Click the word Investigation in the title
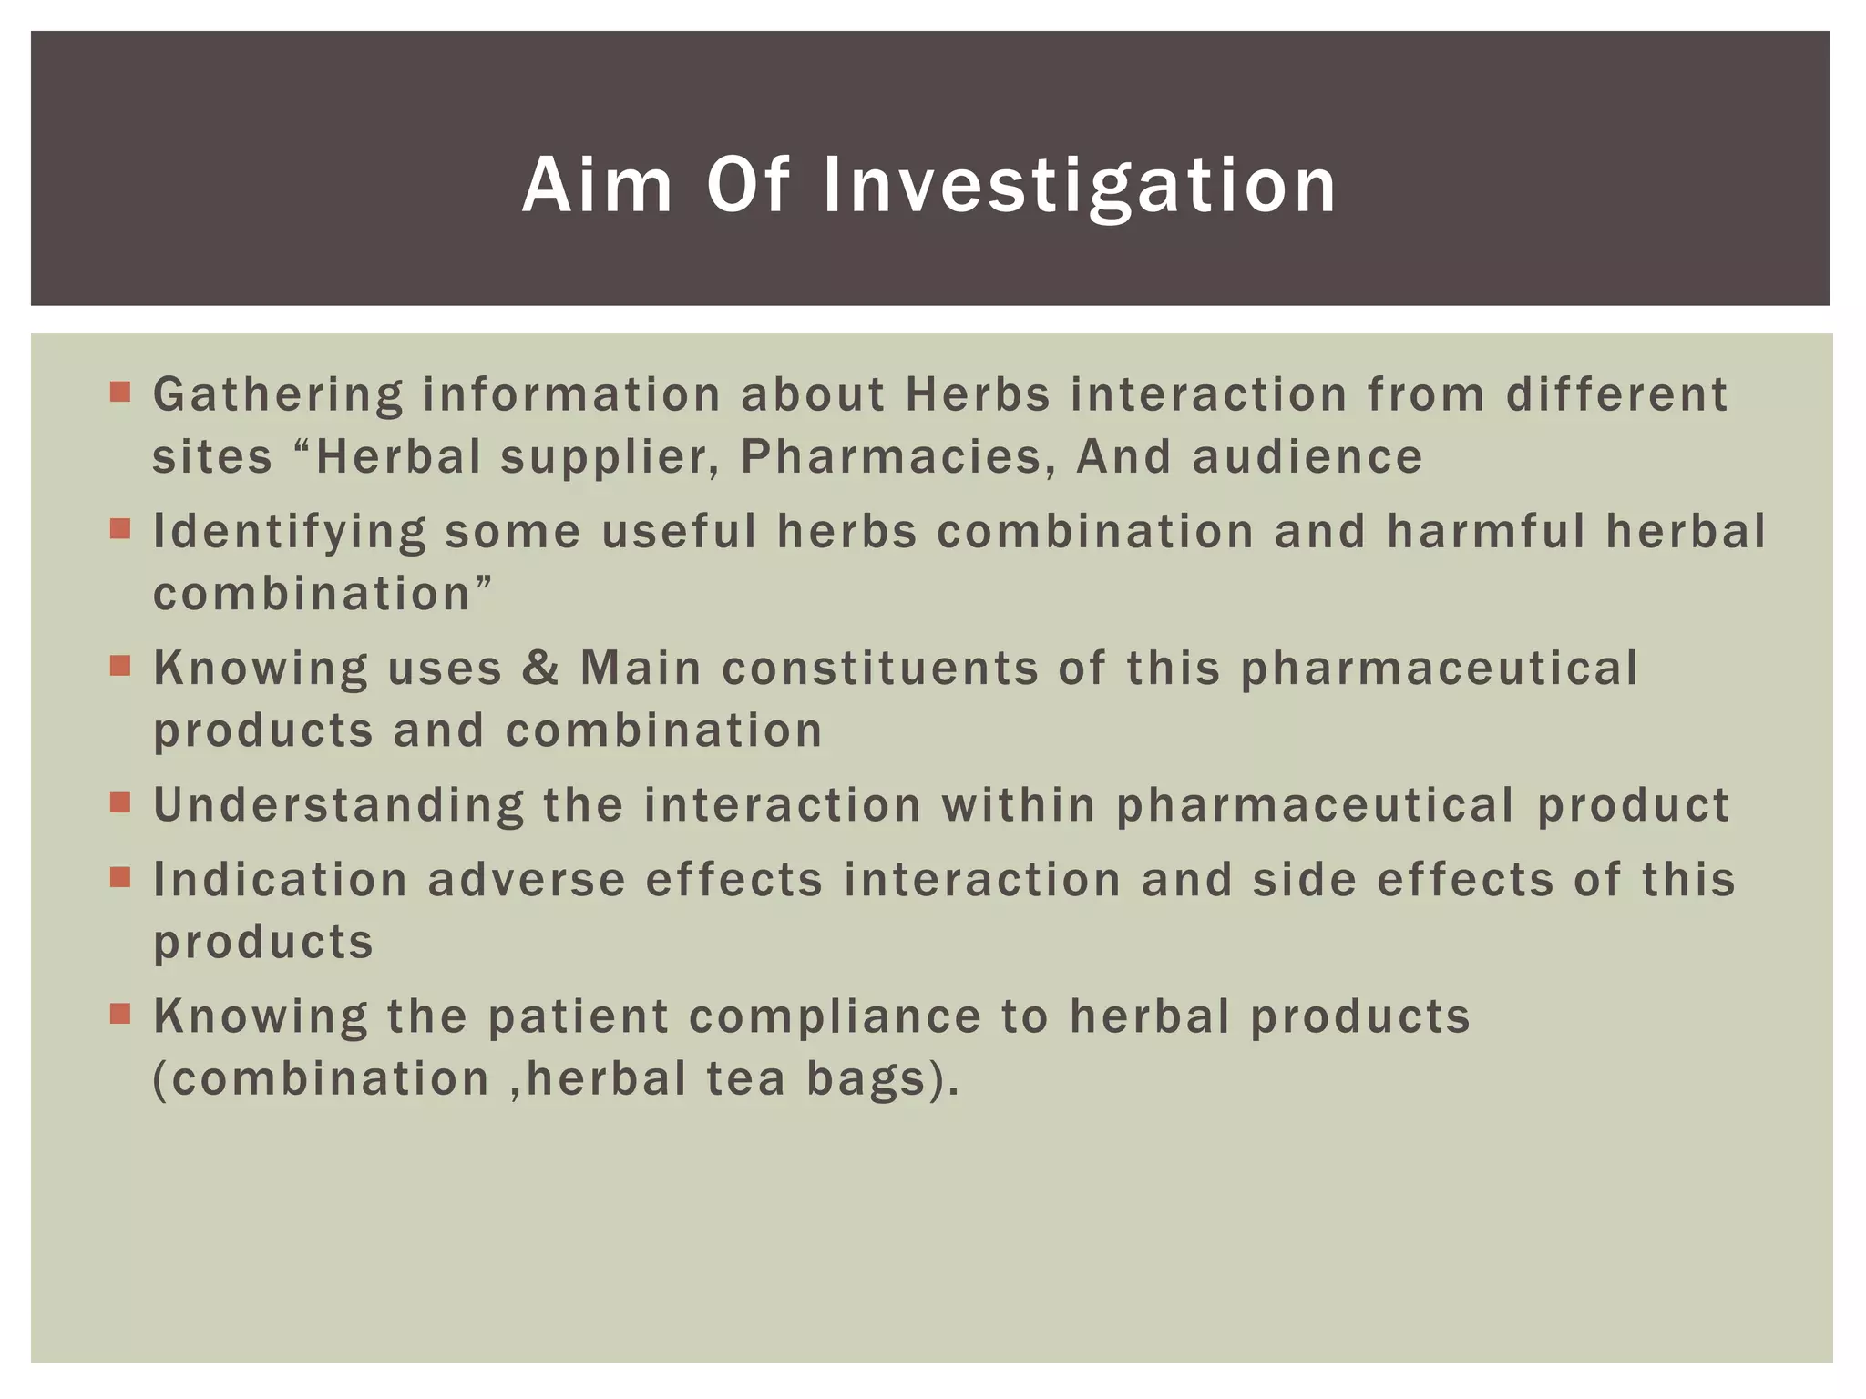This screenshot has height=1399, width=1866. pyautogui.click(x=1079, y=187)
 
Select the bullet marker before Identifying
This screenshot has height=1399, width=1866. pyautogui.click(x=120, y=528)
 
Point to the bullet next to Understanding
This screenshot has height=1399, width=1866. pyautogui.click(x=120, y=802)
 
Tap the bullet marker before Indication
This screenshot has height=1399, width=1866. pyautogui.click(x=120, y=877)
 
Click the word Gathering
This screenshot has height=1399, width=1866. pyautogui.click(x=277, y=396)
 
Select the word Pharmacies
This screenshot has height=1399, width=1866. pyautogui.click(x=889, y=457)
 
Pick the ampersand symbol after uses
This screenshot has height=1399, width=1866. pyautogui.click(x=541, y=669)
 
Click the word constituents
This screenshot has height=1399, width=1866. pyautogui.click(x=879, y=669)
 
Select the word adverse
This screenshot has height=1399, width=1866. pyautogui.click(x=527, y=880)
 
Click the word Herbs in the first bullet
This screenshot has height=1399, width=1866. pyautogui.click(x=978, y=395)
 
